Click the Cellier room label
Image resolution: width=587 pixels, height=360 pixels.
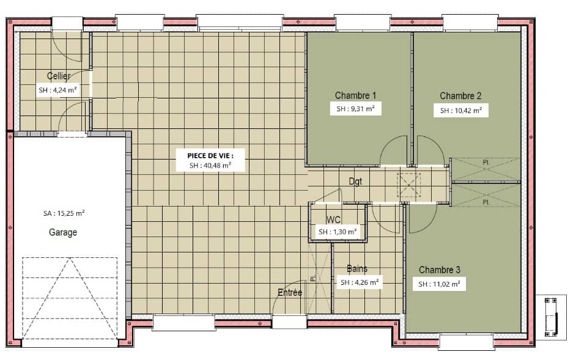pos(59,76)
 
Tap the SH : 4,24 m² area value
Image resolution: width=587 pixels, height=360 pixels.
pos(58,90)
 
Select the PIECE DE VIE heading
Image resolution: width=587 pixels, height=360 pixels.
pos(210,155)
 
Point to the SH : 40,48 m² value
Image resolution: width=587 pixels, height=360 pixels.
pos(210,165)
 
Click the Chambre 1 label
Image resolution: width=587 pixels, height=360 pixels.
pos(355,95)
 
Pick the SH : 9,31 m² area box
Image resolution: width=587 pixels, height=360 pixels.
pos(355,110)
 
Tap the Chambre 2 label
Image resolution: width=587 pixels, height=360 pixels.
pos(460,95)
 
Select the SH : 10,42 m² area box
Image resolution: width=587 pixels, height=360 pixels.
pos(460,111)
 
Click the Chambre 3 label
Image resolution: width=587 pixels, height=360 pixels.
pos(440,270)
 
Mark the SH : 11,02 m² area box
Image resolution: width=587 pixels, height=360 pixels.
pos(439,284)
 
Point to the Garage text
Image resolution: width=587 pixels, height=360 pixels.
pos(63,232)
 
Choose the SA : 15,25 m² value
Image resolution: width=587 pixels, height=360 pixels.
pos(64,213)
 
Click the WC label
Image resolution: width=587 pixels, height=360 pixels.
pos(334,219)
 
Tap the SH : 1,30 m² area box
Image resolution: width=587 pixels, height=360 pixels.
pos(337,232)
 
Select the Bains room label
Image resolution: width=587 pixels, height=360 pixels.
pos(357,269)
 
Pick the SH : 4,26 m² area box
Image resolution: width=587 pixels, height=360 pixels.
pos(359,282)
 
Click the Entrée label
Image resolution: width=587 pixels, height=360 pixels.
pos(290,293)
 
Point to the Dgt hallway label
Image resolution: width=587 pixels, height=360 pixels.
pos(355,181)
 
